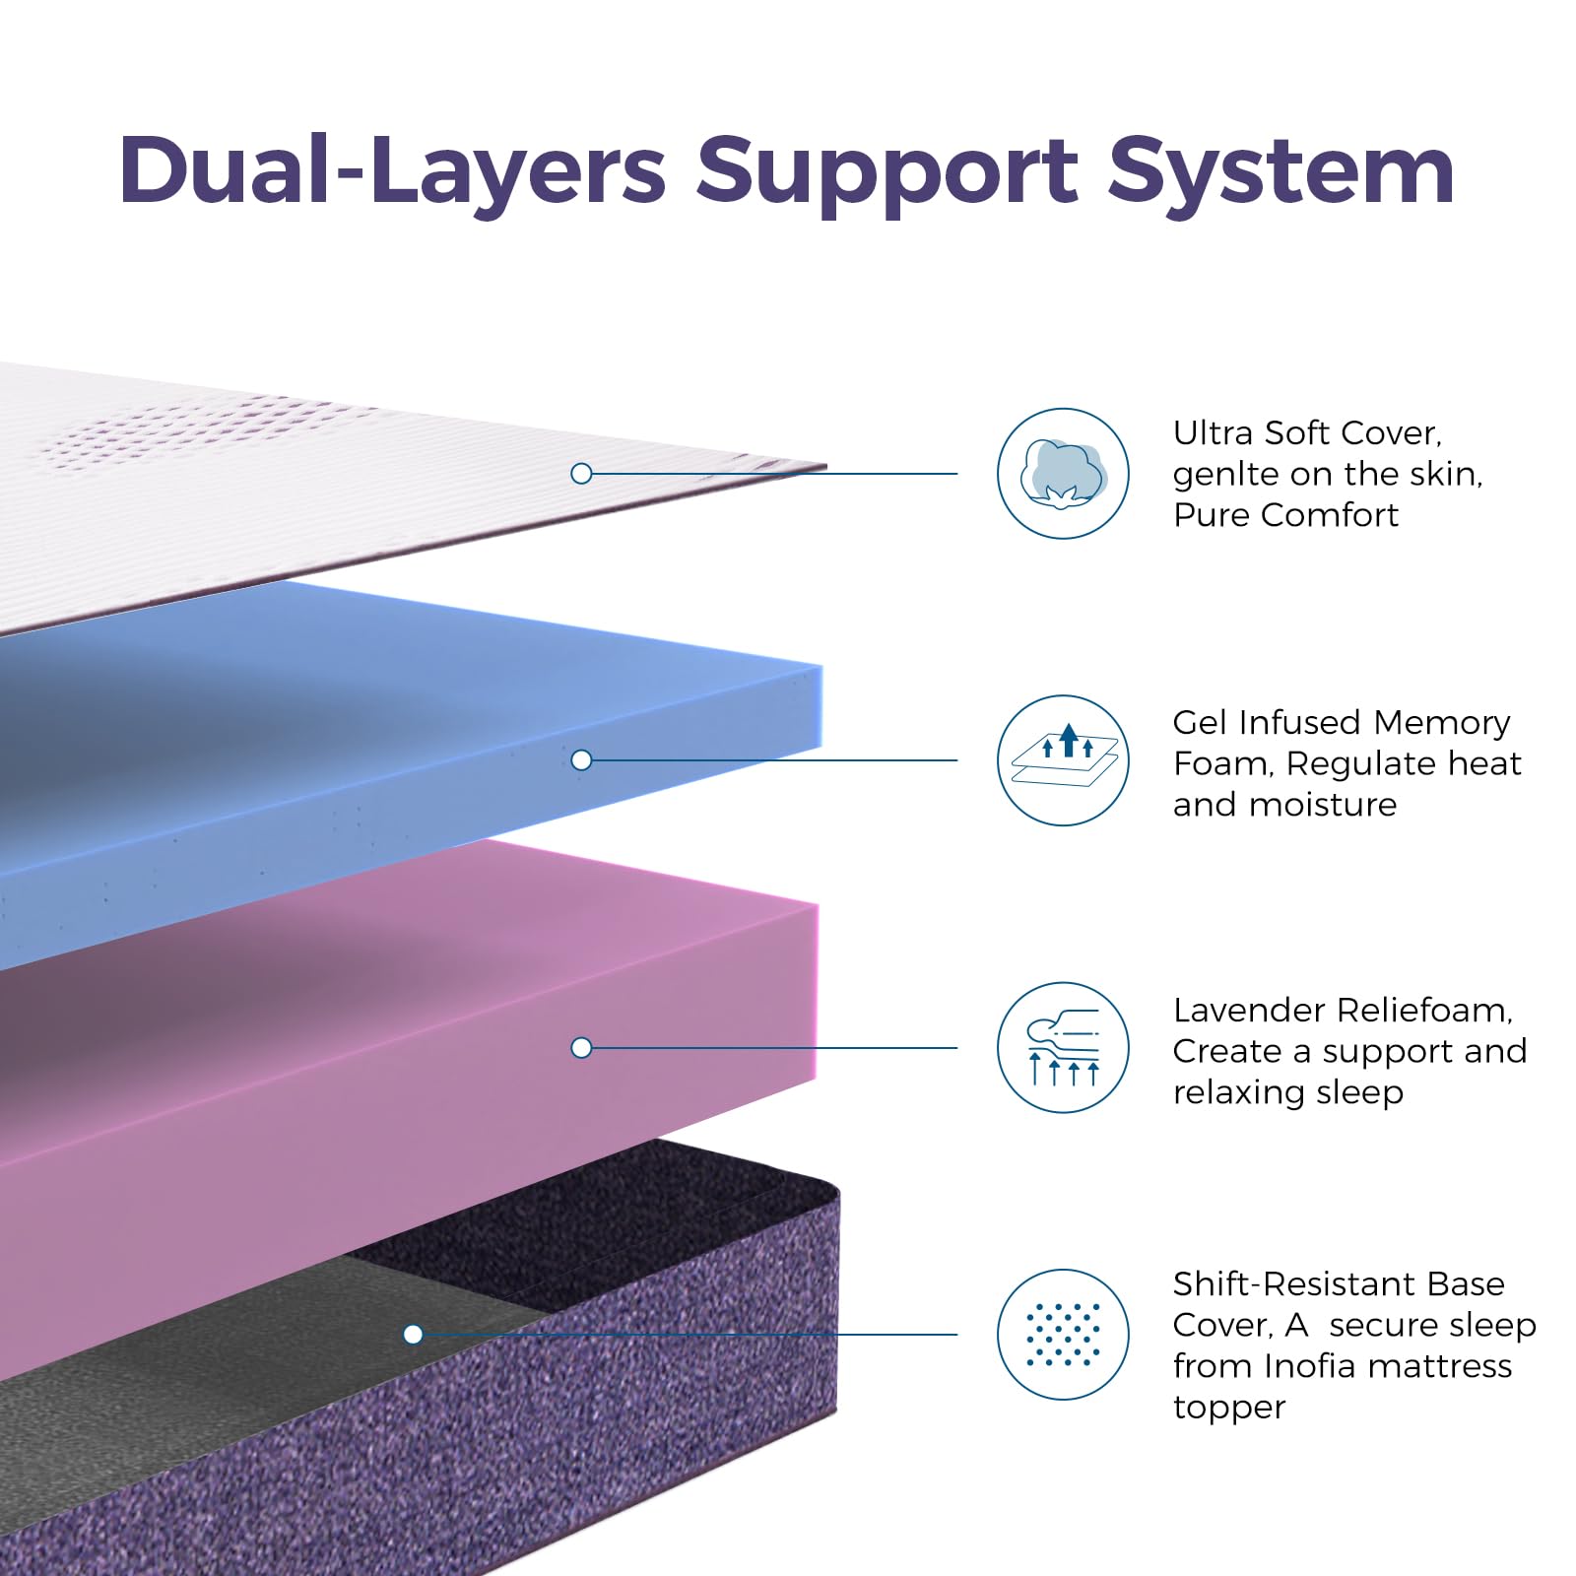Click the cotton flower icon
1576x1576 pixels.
pyautogui.click(x=1063, y=474)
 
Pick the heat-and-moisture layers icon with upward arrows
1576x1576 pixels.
pyautogui.click(x=1063, y=760)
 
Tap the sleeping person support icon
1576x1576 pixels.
pyautogui.click(x=1063, y=1047)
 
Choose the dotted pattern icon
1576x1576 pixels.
pyautogui.click(x=1063, y=1335)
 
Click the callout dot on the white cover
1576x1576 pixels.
pyautogui.click(x=581, y=474)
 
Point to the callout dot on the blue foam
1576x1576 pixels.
pyautogui.click(x=581, y=760)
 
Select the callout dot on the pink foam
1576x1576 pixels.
pyautogui.click(x=581, y=1047)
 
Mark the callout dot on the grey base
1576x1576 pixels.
pyautogui.click(x=414, y=1335)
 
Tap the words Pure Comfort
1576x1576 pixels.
pyautogui.click(x=1285, y=515)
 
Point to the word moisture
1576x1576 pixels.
pyautogui.click(x=1322, y=805)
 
